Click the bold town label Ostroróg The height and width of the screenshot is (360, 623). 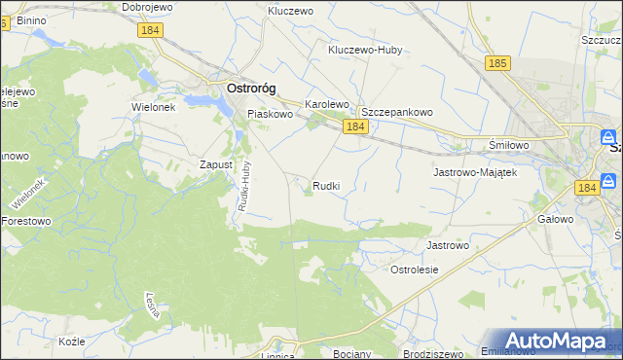tap(251, 88)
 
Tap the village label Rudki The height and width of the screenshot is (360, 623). tap(326, 185)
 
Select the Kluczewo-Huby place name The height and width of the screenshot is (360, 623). tap(365, 49)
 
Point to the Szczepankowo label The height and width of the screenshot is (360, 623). tap(397, 112)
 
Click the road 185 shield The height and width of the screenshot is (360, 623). tap(497, 63)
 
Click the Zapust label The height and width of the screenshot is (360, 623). tap(216, 165)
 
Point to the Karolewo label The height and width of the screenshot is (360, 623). tap(327, 103)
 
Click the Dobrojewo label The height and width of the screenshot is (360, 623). tap(147, 7)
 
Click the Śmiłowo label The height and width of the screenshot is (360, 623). tap(508, 145)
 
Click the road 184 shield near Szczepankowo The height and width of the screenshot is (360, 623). tap(355, 127)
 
